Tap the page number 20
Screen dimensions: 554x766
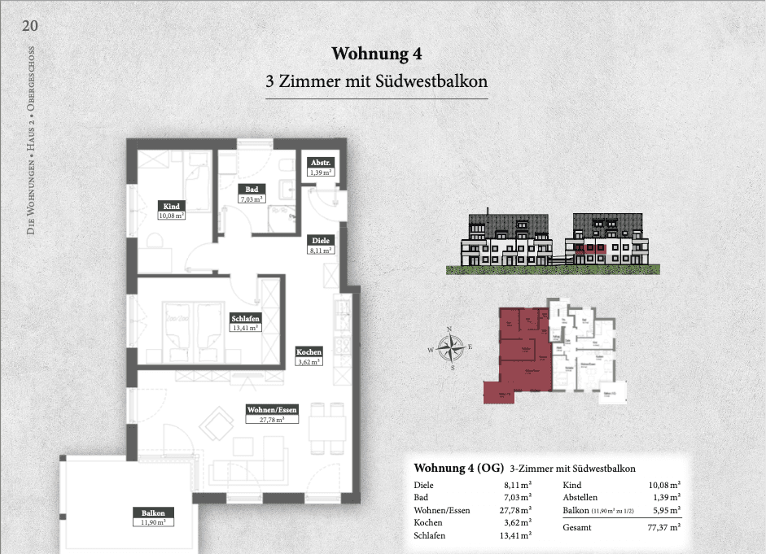point(30,25)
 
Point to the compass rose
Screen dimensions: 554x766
point(449,347)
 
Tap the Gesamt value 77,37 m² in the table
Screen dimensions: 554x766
point(663,527)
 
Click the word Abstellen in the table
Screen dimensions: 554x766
point(580,496)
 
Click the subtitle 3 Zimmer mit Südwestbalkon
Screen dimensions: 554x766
point(377,82)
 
